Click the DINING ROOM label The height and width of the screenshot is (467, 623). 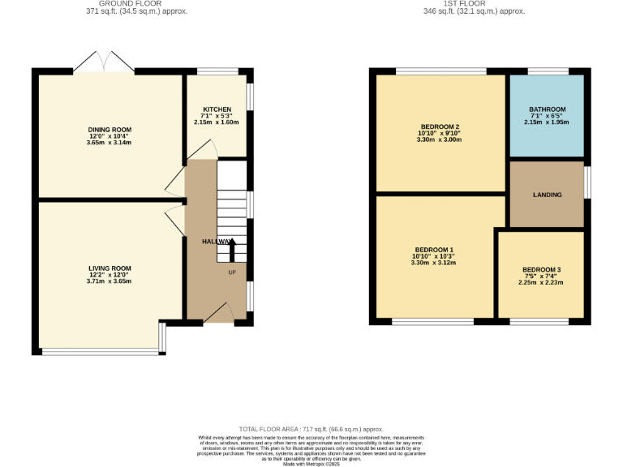[x=110, y=129]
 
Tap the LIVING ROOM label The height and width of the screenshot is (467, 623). [x=110, y=268]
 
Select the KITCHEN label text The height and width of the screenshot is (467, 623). [x=217, y=109]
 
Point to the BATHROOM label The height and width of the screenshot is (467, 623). [x=547, y=109]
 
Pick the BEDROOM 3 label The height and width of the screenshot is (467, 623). [x=541, y=269]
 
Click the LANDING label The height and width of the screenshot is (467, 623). [x=547, y=195]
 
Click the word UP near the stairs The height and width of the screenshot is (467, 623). [x=232, y=272]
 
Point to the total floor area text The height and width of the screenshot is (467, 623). [x=311, y=429]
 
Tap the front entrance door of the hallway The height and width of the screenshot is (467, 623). [x=217, y=315]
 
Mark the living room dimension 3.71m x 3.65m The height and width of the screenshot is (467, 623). [x=110, y=281]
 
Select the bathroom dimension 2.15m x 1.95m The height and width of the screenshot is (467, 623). [x=547, y=122]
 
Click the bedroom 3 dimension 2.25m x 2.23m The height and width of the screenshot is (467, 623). [x=541, y=282]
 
